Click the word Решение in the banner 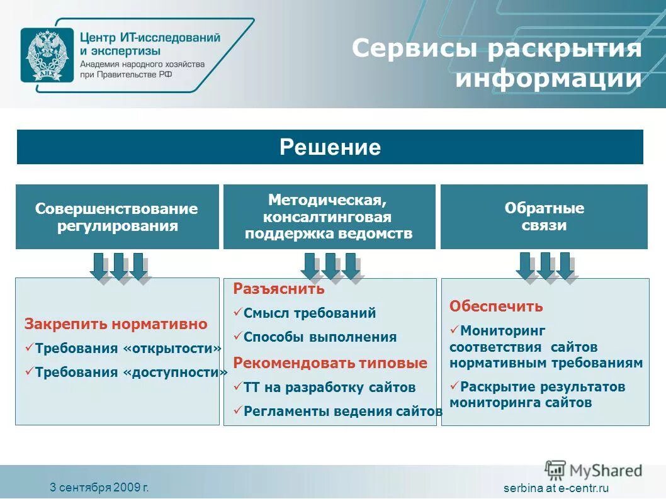click(x=330, y=147)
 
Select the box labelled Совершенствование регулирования click(x=117, y=216)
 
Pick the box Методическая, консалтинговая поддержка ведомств click(x=329, y=216)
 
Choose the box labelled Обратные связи click(x=544, y=216)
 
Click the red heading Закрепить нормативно click(x=116, y=325)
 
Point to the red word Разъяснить click(x=279, y=289)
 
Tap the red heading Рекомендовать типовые click(x=330, y=363)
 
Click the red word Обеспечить click(x=496, y=307)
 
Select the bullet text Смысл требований click(x=309, y=313)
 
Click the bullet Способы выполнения click(x=320, y=337)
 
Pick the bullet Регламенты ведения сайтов click(x=342, y=412)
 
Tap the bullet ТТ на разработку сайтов click(x=329, y=388)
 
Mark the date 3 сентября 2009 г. click(x=99, y=487)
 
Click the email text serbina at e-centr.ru click(x=556, y=488)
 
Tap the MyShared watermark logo click(x=594, y=470)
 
